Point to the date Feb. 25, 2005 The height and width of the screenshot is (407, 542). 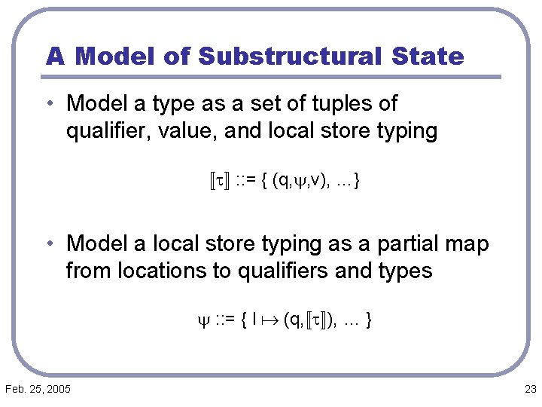38,389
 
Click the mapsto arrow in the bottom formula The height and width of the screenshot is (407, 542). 270,320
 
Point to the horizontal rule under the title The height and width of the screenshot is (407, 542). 271,77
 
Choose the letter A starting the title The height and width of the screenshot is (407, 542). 54,56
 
